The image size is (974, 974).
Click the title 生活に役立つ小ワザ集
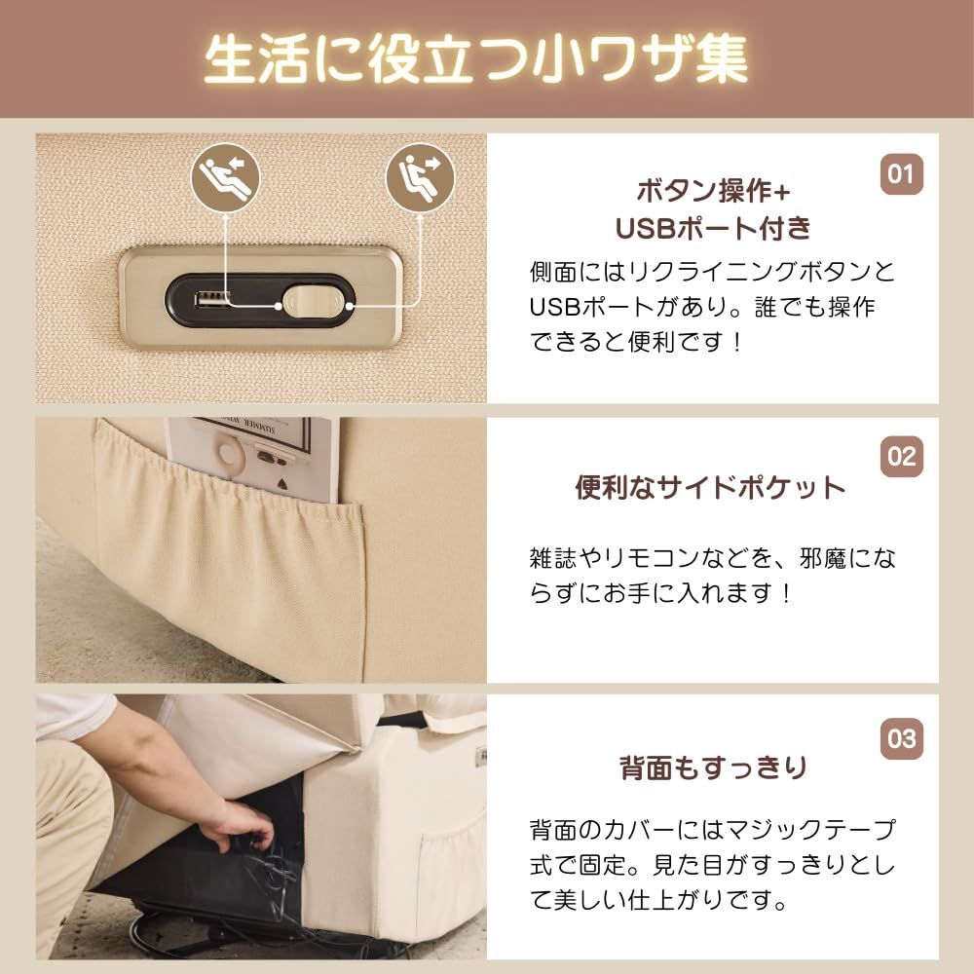476,60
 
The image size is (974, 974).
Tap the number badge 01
901,174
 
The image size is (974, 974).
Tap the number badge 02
901,457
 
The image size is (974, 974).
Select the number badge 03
901,738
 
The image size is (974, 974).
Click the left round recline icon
226,177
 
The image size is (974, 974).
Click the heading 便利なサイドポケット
711,488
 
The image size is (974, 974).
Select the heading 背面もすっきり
714,768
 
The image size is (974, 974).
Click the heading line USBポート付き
714,228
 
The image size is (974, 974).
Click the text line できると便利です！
637,343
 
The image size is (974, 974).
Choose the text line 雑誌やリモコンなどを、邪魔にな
712,558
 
